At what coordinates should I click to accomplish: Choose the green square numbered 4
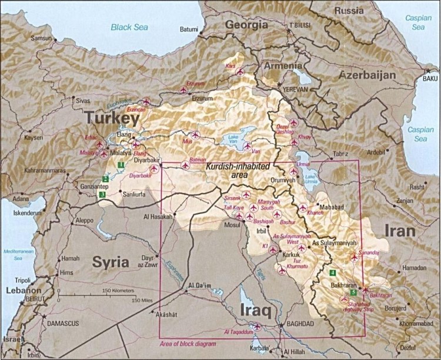tap(332, 272)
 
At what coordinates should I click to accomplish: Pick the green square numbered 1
tap(120, 165)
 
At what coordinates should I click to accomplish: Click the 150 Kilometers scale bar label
tap(119, 291)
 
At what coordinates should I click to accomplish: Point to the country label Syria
tap(111, 262)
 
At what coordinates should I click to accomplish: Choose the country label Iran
tap(399, 231)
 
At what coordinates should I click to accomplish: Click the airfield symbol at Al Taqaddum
tap(256, 326)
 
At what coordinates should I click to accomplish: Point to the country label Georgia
tap(245, 25)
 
